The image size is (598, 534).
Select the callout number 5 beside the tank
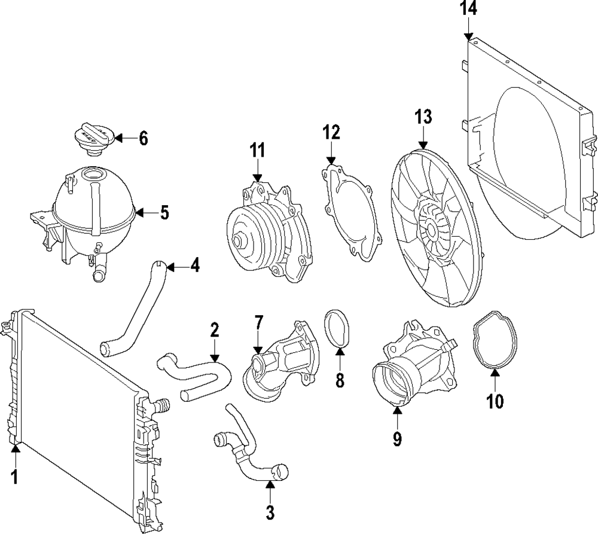164,212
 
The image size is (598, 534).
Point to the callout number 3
270,511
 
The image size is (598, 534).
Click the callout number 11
257,151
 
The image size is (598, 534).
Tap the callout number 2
214,329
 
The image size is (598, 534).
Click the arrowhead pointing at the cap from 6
117,138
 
